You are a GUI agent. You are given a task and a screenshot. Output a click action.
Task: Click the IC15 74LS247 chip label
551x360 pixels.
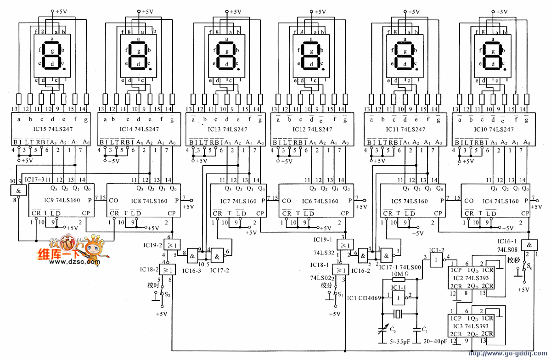point(51,129)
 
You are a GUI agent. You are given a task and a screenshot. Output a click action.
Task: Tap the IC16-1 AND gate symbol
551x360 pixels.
point(531,245)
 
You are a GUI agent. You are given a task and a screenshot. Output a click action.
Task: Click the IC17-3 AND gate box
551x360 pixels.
point(18,191)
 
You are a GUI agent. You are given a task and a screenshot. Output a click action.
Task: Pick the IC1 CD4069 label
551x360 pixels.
point(365,298)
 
